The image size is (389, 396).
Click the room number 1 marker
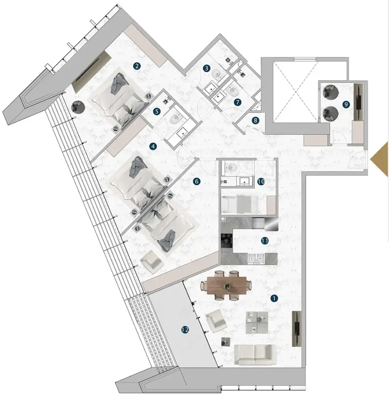[x=274, y=298]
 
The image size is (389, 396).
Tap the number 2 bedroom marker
[x=137, y=66]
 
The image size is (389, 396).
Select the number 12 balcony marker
[x=185, y=330]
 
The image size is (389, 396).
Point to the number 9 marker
[x=346, y=104]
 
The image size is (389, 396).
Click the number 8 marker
[x=255, y=120]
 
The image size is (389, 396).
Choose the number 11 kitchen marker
[x=265, y=241]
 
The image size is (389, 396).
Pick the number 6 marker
[x=196, y=181]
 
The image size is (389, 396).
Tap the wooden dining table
[x=227, y=285]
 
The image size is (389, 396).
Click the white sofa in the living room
[x=255, y=354]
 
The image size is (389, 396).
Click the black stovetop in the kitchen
[x=226, y=240]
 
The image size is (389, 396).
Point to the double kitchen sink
[x=256, y=259]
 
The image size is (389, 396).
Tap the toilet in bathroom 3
[x=217, y=74]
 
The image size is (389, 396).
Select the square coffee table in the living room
[x=257, y=323]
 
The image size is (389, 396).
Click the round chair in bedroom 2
[x=77, y=107]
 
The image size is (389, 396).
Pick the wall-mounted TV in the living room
[x=297, y=329]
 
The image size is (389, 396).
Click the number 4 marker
[x=153, y=146]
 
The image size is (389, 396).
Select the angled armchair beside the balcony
[x=216, y=320]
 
